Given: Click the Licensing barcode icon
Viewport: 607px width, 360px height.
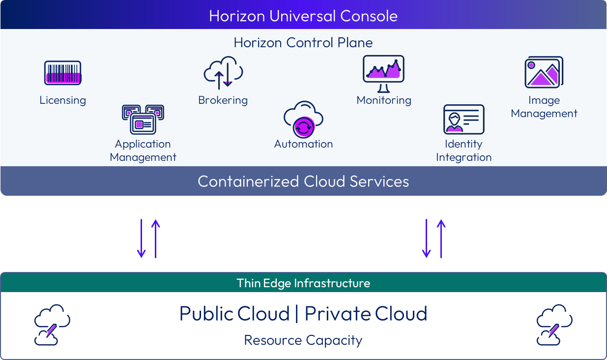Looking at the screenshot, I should tap(62, 73).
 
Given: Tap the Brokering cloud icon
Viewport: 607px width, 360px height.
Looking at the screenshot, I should tap(224, 73).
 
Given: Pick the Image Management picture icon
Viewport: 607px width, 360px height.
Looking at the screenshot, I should tap(544, 72).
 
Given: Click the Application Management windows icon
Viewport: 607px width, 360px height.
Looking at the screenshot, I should tap(143, 119).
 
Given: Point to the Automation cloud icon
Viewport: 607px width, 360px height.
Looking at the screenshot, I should tap(303, 119).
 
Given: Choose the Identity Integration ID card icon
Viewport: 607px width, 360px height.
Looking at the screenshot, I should tap(463, 119).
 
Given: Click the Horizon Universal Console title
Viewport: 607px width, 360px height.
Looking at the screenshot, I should tap(303, 16).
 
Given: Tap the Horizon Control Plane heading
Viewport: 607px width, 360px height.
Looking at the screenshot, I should tap(303, 43).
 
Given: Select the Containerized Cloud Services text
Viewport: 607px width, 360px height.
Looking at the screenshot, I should tap(303, 181).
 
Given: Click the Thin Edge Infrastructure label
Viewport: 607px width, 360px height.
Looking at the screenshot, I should tap(303, 283).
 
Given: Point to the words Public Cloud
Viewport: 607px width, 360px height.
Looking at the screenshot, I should tap(234, 314).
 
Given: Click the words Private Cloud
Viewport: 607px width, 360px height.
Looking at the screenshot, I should tap(366, 314).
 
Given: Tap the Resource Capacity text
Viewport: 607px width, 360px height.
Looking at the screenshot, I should tap(303, 340).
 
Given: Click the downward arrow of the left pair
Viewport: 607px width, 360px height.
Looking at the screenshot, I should tap(142, 238).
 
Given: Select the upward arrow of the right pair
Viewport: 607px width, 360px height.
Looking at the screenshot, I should tap(441, 238).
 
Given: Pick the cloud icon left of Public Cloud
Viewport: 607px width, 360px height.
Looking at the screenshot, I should tap(52, 325).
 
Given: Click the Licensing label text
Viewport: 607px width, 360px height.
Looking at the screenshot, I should tap(62, 100).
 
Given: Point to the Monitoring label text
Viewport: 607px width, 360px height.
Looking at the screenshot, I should tap(383, 100).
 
